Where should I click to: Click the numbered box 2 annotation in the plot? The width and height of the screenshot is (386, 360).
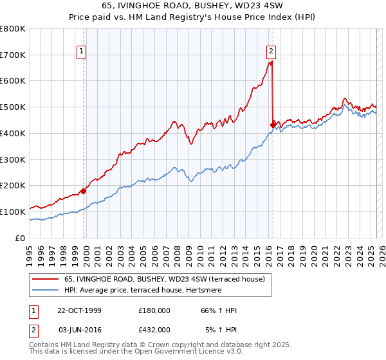pyautogui.click(x=271, y=52)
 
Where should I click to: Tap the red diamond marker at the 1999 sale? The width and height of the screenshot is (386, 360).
pyautogui.click(x=84, y=190)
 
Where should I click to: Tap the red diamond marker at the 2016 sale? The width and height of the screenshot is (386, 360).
pyautogui.click(x=273, y=124)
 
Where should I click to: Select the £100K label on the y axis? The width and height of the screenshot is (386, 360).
pyautogui.click(x=13, y=212)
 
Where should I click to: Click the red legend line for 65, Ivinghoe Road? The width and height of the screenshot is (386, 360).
pyautogui.click(x=46, y=280)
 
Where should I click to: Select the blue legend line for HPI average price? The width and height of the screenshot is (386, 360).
pyautogui.click(x=46, y=290)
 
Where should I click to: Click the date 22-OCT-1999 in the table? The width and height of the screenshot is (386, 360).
pyautogui.click(x=78, y=310)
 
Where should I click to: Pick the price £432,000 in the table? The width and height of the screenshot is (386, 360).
pyautogui.click(x=154, y=329)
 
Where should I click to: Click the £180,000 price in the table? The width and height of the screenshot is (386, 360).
pyautogui.click(x=154, y=310)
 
